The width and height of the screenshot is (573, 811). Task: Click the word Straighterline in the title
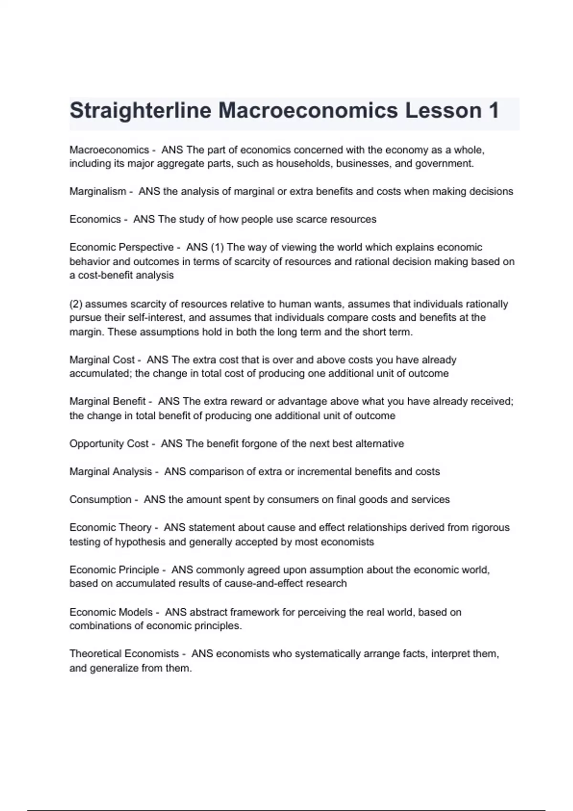point(140,111)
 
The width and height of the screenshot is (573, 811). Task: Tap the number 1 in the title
point(493,111)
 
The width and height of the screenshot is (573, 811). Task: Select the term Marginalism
point(97,191)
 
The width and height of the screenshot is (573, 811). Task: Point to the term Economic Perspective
point(121,247)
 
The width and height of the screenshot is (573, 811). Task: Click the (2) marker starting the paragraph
point(75,304)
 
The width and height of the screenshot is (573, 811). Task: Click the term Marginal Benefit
point(107,402)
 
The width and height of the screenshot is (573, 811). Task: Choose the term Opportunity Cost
point(109,444)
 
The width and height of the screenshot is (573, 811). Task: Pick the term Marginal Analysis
point(110,472)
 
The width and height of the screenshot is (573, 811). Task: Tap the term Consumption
point(100,499)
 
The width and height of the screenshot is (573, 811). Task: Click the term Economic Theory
point(110,528)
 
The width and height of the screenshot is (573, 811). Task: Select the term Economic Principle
point(114,570)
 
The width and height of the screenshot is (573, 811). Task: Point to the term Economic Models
point(111,612)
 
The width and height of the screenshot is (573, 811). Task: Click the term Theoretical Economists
point(124,654)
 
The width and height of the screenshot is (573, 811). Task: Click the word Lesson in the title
point(443,111)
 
